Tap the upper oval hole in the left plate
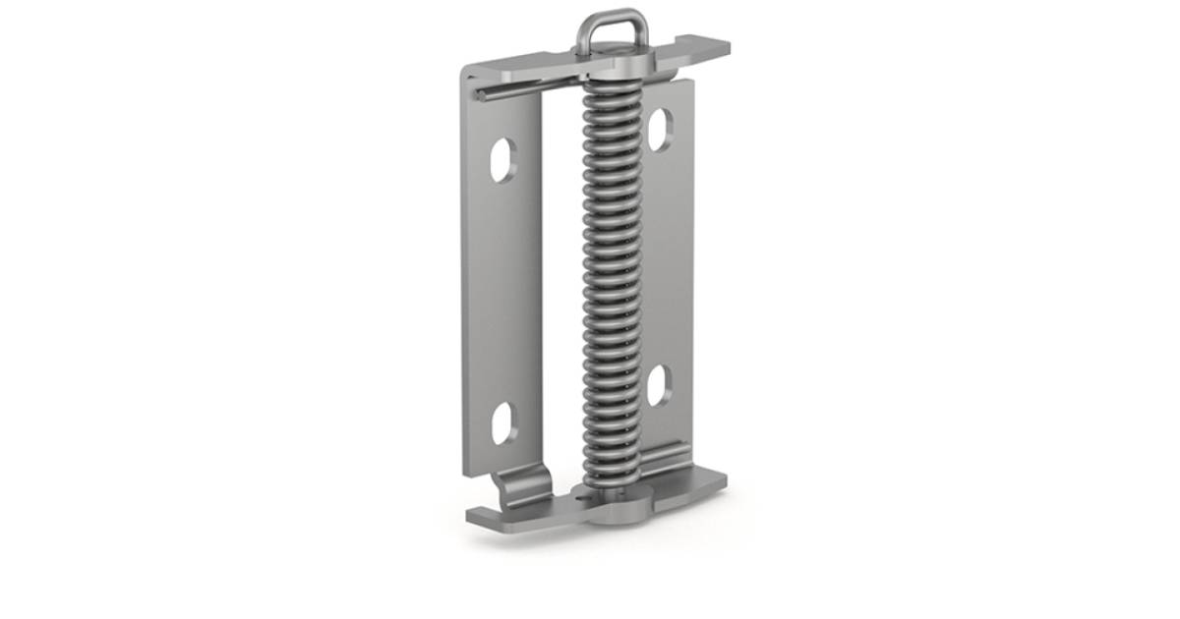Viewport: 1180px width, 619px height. click(501, 159)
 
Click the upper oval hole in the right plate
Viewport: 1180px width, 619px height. click(659, 129)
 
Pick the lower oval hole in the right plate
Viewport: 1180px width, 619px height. click(659, 385)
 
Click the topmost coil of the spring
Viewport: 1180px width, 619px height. click(611, 84)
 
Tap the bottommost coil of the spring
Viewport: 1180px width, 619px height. click(611, 478)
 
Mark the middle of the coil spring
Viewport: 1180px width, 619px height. click(611, 285)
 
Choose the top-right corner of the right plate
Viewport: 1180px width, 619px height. click(691, 82)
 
